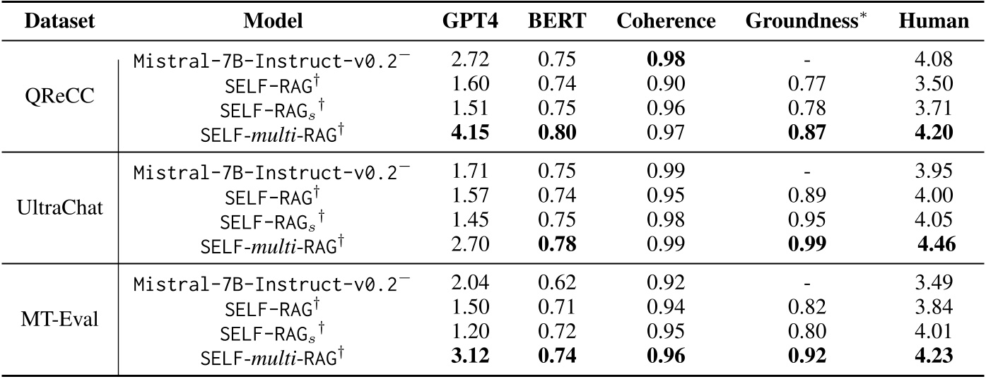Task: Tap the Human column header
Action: coord(934,21)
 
